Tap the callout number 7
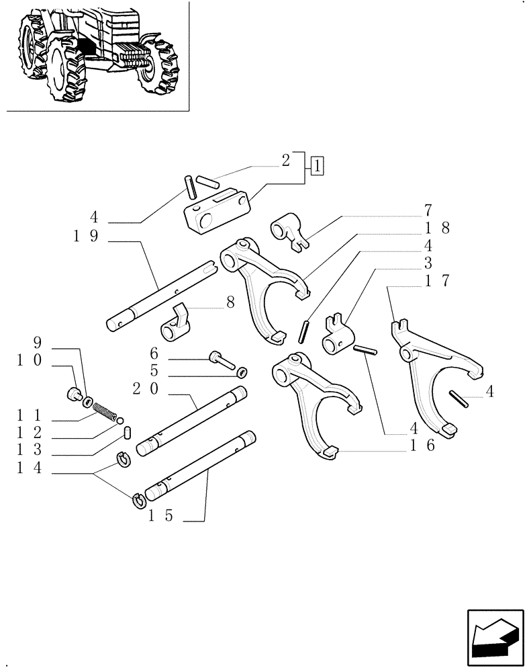pyautogui.click(x=428, y=210)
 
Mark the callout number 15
pyautogui.click(x=160, y=516)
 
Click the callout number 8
pyautogui.click(x=230, y=304)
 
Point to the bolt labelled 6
pyautogui.click(x=221, y=360)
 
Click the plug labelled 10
pyautogui.click(x=75, y=396)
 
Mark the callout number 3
pyautogui.click(x=428, y=263)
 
